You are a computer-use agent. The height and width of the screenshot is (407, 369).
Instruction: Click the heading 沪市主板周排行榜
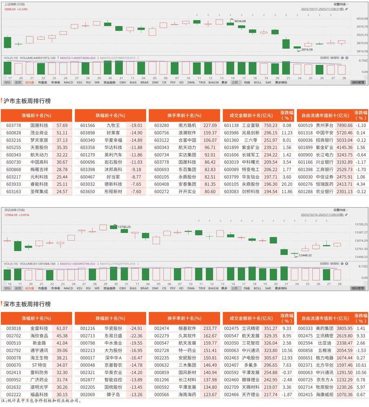tap(27, 100)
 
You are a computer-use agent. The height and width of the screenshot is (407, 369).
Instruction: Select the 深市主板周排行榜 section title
tap(27, 304)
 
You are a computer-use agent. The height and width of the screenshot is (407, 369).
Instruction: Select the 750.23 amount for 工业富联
tap(270, 125)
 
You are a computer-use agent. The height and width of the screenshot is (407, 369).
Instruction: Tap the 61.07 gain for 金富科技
tap(62, 328)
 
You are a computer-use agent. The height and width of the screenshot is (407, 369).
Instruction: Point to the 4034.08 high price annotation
tap(240, 21)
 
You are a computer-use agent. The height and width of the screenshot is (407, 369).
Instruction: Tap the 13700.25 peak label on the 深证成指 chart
tap(123, 227)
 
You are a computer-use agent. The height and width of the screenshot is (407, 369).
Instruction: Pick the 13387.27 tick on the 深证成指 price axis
tap(359, 232)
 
